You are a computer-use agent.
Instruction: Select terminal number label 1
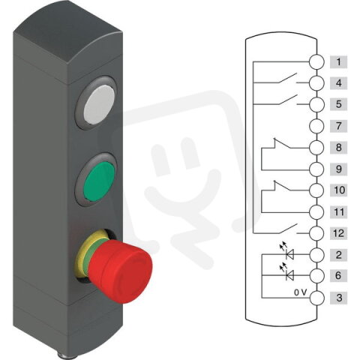pyautogui.click(x=339, y=62)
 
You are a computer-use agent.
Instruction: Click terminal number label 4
pyautogui.click(x=339, y=83)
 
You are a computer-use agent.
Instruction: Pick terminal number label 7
pyautogui.click(x=339, y=126)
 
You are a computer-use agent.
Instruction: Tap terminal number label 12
pyautogui.click(x=339, y=234)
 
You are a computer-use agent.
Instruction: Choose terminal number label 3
pyautogui.click(x=339, y=298)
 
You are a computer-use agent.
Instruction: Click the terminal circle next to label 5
pyautogui.click(x=317, y=104)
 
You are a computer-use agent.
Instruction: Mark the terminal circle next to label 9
pyautogui.click(x=317, y=169)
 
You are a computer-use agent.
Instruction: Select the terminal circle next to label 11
pyautogui.click(x=317, y=212)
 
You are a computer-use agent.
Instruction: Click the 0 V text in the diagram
pyautogui.click(x=300, y=292)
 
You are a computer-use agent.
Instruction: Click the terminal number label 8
pyautogui.click(x=339, y=148)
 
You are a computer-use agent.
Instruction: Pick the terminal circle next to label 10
pyautogui.click(x=317, y=190)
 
